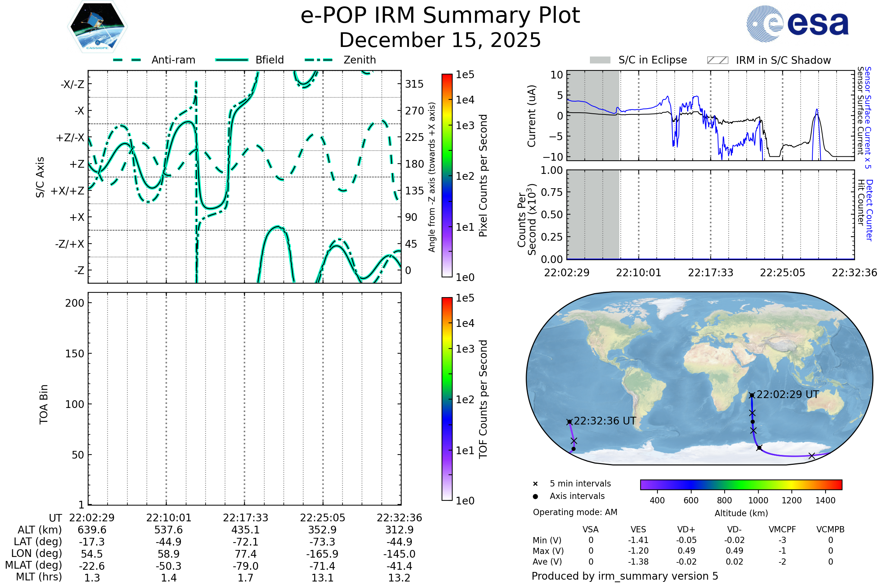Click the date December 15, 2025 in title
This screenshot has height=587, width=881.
coord(440,40)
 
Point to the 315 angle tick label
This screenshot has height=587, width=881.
coord(414,84)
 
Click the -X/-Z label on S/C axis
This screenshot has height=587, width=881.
coord(72,84)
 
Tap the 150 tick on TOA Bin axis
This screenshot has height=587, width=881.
coord(75,354)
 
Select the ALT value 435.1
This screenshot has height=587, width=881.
coord(245,530)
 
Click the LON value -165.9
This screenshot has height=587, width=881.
coord(322,554)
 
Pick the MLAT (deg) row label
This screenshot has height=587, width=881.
coord(33,565)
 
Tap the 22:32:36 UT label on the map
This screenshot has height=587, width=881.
coord(605,421)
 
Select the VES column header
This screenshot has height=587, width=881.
coord(638,530)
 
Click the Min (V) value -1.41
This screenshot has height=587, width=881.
coord(638,540)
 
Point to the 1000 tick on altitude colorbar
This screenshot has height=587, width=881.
coord(758,500)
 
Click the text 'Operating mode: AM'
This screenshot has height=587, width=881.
coord(575,512)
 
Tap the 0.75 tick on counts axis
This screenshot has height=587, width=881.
coord(552,192)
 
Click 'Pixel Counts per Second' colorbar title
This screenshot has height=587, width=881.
coord(483,176)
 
